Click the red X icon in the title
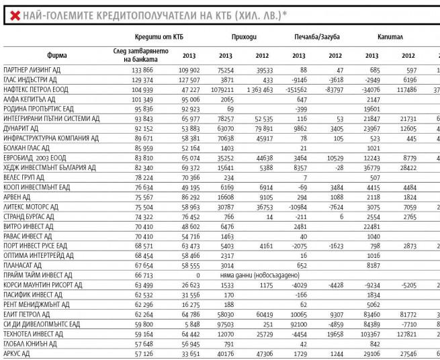(x=13, y=13)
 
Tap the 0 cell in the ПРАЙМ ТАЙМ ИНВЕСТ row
(x=199, y=275)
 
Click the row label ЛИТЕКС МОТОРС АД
(x=33, y=208)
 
